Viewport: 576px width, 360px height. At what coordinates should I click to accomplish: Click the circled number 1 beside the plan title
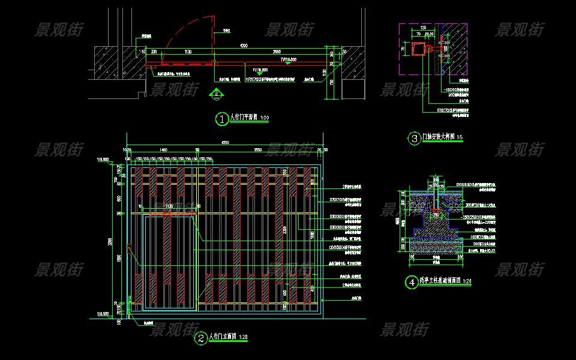222,119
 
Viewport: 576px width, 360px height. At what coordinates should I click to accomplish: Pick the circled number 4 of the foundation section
412,281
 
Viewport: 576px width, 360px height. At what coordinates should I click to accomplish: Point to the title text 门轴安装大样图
440,138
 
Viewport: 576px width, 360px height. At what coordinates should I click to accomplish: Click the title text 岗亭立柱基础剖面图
440,280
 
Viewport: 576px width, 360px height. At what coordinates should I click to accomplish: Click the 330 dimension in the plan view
154,52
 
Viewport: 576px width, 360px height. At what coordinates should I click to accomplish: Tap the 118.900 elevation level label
102,160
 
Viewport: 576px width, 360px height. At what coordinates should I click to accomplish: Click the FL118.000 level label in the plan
260,70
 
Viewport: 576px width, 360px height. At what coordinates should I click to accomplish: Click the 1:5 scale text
460,139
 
